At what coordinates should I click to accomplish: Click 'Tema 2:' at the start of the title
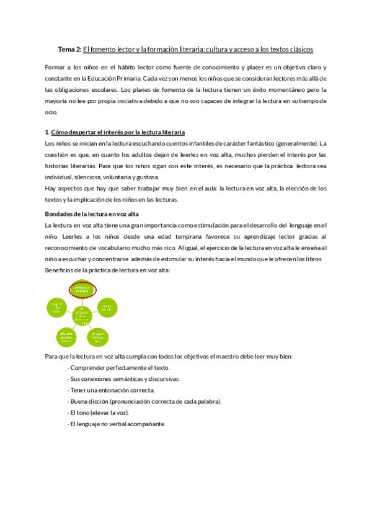[x=69, y=49]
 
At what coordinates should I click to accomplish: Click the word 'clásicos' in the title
[x=298, y=49]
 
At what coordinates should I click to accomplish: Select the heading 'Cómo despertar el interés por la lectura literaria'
[x=117, y=133]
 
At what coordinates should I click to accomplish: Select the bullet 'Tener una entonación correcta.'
[x=112, y=390]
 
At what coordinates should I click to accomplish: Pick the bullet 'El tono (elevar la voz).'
[x=100, y=412]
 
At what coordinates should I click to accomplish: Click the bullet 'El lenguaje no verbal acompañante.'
[x=117, y=424]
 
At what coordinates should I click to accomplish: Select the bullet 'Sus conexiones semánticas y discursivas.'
[x=125, y=379]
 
